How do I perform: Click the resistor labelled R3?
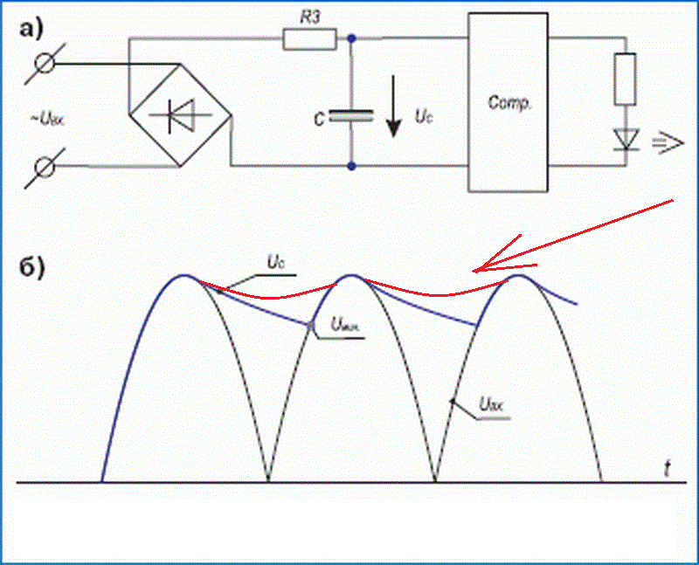(310, 38)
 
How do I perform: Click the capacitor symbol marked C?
(351, 116)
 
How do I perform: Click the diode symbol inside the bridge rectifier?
(180, 114)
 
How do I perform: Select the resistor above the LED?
(626, 79)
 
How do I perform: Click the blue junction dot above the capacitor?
(351, 39)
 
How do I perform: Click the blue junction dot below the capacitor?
(351, 164)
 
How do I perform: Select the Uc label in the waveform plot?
(274, 261)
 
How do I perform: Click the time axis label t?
(667, 470)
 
